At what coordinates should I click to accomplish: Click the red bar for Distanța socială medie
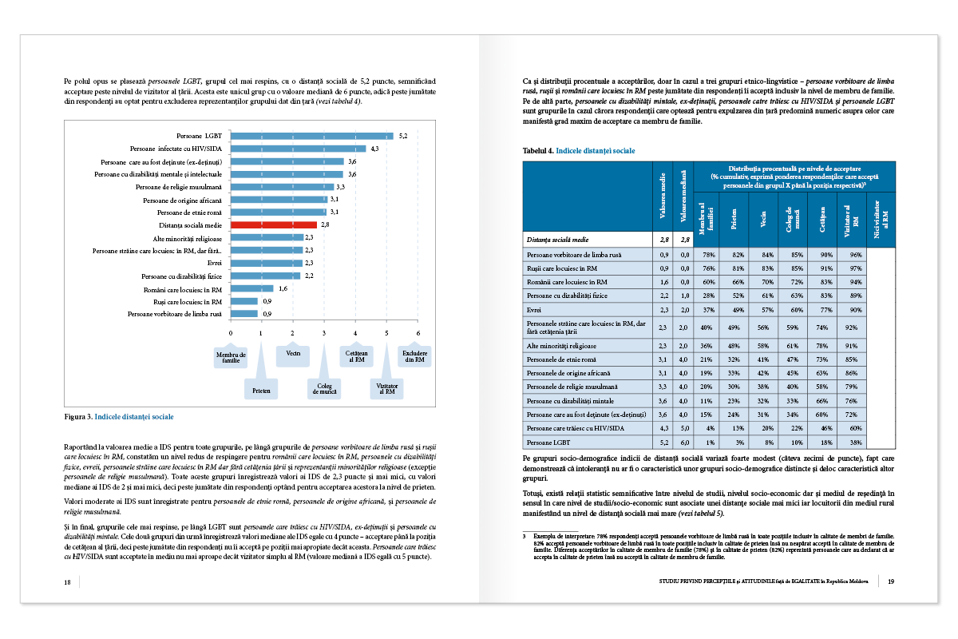pos(274,225)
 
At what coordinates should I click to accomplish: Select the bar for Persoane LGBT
pos(311,136)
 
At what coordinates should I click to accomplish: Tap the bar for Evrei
pos(267,263)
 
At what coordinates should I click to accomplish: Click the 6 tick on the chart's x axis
pos(418,333)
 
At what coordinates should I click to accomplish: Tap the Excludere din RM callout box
pos(414,356)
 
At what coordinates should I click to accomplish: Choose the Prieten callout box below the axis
pos(262,391)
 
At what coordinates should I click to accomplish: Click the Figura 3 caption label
pos(77,417)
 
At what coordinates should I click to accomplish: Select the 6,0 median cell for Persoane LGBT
pos(683,443)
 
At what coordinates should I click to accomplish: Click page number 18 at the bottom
pos(68,581)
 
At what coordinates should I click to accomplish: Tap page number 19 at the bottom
pos(891,581)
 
